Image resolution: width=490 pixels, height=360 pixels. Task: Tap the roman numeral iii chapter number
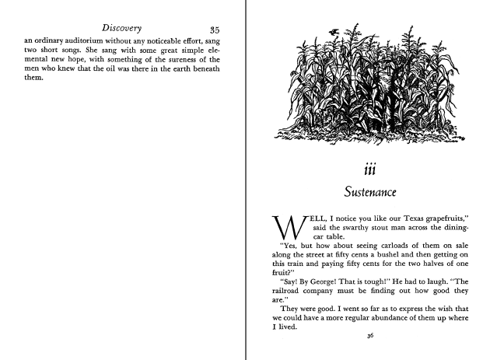(370, 170)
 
